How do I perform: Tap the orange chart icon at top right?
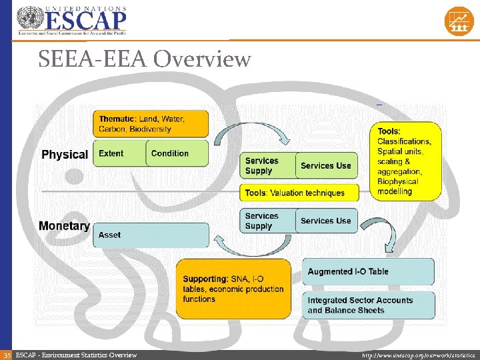pos(459,21)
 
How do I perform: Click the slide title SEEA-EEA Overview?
pos(145,60)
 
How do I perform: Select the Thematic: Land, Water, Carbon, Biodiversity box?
pos(151,124)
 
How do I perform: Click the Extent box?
pos(119,153)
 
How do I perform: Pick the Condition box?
pos(176,153)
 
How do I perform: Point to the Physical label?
pos(65,155)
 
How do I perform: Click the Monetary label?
pos(64,226)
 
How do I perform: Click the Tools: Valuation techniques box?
pos(299,193)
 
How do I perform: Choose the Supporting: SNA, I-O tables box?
pos(233,289)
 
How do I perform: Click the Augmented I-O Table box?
pos(368,271)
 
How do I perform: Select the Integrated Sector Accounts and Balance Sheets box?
pos(368,305)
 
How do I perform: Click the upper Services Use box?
pos(326,165)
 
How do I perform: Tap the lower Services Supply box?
pos(267,221)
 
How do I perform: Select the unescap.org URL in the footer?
pos(418,355)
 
